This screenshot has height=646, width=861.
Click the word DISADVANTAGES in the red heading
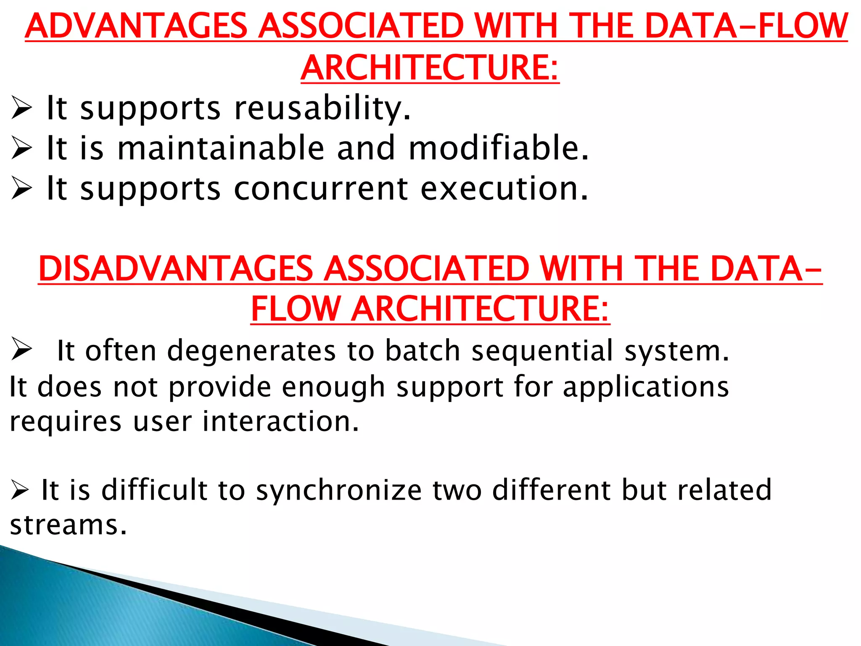176,269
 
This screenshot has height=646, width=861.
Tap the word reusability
322,109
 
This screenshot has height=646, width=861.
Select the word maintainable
221,148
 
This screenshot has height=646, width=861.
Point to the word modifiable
499,148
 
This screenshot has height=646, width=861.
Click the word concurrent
320,189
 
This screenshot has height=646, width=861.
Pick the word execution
504,189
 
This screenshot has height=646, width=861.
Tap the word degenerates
251,351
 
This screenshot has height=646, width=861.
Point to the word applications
646,387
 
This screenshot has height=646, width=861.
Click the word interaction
281,421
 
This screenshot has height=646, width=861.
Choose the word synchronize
339,490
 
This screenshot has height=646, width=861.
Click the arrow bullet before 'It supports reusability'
21,109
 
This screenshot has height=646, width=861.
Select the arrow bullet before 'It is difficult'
20,491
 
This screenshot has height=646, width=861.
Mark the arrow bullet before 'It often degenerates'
21,349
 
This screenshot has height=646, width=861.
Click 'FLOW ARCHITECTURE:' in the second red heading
430,309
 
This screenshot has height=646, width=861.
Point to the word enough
333,387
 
